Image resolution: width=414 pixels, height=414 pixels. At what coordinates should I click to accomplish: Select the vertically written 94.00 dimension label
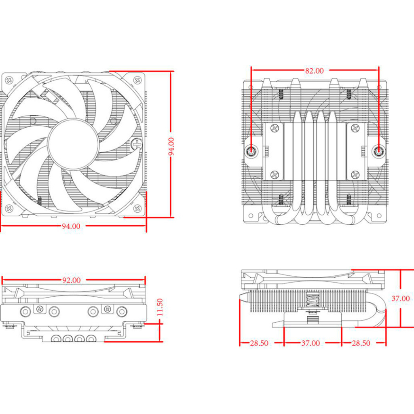click(171, 147)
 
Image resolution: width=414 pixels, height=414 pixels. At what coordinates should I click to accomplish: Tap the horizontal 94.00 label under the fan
click(71, 226)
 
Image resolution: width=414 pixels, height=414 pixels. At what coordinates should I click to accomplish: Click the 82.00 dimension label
click(314, 71)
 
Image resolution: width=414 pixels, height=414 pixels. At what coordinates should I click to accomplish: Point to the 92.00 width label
click(71, 280)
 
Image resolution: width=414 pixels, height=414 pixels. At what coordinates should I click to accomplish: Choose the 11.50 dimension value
click(160, 308)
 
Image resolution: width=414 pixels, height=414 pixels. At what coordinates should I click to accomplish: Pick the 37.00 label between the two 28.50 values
click(310, 343)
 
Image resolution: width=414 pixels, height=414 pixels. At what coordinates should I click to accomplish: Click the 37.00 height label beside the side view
click(400, 298)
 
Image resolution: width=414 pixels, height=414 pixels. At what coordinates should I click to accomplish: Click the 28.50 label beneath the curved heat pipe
click(361, 343)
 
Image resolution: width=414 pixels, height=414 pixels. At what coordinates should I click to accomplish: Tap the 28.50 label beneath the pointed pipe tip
click(259, 343)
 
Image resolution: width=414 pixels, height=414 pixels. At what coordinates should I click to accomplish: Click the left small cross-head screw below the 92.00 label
click(39, 309)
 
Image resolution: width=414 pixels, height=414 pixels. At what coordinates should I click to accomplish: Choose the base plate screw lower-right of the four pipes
click(355, 175)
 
